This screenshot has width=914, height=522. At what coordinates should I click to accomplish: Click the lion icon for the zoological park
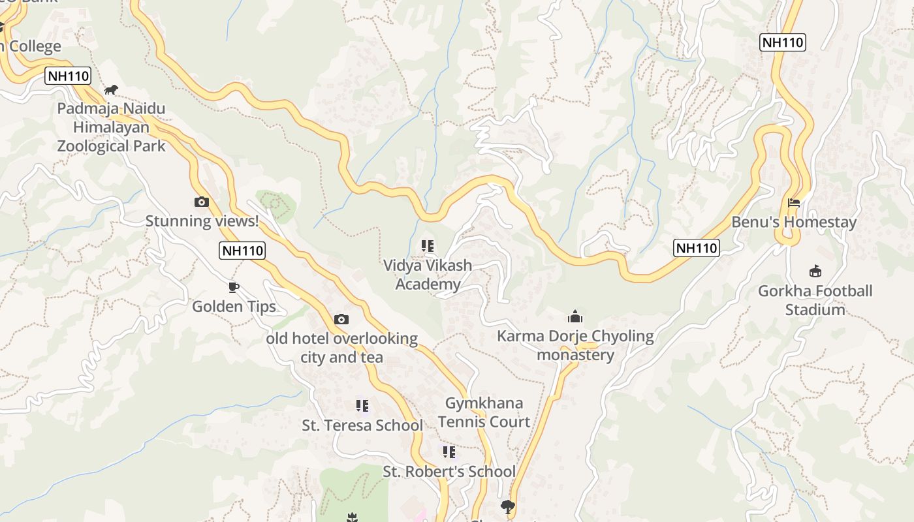111,89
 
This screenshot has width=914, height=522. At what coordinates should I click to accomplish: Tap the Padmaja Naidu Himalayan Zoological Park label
112,127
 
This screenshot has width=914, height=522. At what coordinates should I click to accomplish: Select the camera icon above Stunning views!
202,202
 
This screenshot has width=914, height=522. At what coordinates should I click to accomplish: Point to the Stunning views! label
202,221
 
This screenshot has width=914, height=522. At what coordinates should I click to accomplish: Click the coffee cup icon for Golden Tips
234,287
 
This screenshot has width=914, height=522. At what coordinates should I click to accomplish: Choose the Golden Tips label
234,306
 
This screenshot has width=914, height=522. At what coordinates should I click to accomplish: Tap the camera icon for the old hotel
341,319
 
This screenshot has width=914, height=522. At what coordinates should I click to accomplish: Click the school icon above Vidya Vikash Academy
428,246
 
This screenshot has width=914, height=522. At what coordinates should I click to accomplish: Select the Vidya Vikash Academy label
428,275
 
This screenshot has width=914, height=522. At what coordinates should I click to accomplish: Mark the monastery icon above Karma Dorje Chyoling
575,317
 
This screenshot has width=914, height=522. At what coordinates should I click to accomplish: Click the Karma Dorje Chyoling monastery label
575,345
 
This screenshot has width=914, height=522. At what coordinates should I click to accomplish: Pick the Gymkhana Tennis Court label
484,412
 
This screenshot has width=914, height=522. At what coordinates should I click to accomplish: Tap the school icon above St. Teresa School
362,406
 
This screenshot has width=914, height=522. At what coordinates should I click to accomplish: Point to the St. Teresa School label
362,425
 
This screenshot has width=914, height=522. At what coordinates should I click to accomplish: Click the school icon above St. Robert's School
449,452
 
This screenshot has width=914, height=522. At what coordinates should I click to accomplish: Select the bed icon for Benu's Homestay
794,203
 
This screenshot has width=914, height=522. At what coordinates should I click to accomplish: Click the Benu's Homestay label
794,222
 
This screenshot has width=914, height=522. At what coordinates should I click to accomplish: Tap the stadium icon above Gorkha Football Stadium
815,271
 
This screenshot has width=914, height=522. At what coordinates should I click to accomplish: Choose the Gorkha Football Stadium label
815,300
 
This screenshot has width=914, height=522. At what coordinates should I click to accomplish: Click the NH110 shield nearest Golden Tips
242,251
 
